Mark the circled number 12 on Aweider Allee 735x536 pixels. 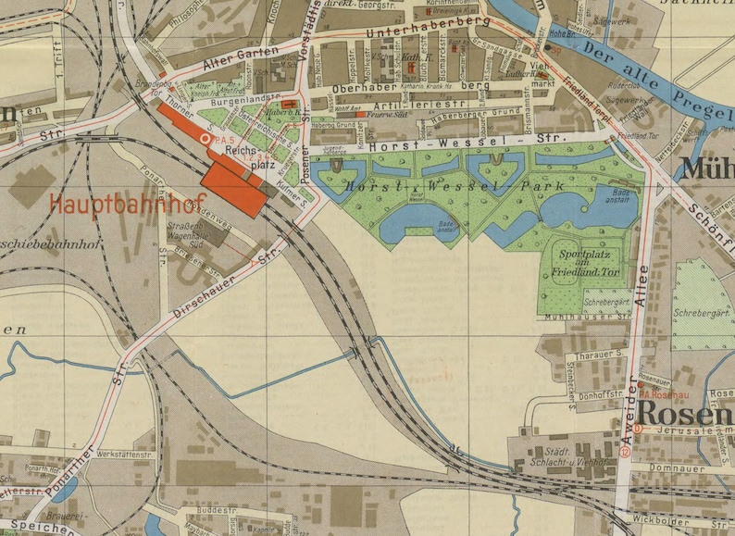(x=626, y=452)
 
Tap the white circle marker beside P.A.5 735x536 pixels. (x=206, y=138)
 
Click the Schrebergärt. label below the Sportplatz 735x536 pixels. (x=607, y=301)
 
